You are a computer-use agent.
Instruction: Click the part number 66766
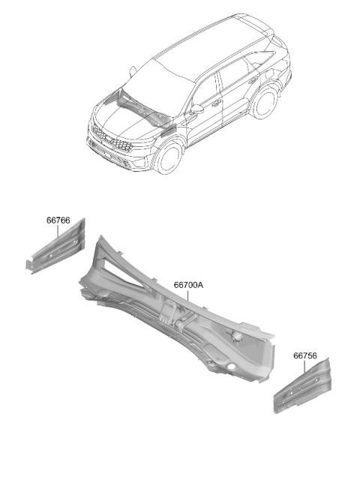pyautogui.click(x=58, y=220)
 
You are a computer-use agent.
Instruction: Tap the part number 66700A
pyautogui.click(x=188, y=285)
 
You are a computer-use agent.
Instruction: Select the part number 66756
pyautogui.click(x=305, y=355)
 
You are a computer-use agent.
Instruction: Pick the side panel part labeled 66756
pyautogui.click(x=302, y=386)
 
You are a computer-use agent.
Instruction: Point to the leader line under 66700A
pyautogui.click(x=188, y=295)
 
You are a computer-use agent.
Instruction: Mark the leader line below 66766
pyautogui.click(x=58, y=231)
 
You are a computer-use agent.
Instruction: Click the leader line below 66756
pyautogui.click(x=304, y=366)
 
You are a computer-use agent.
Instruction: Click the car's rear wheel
pyautogui.click(x=265, y=102)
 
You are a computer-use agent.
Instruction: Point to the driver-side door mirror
pyautogui.click(x=196, y=109)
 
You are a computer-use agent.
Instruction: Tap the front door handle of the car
pyautogui.click(x=216, y=103)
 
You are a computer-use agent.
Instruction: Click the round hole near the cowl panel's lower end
pyautogui.click(x=231, y=367)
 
